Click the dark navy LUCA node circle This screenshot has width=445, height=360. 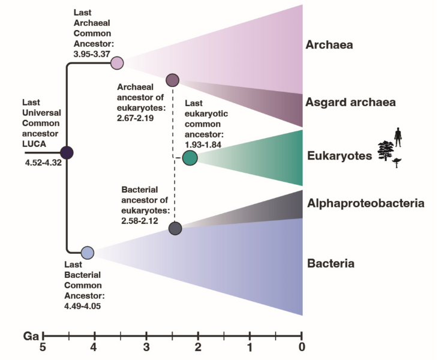[66, 154]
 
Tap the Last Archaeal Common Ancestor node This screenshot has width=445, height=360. [117, 62]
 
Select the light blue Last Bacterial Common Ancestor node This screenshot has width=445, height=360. [88, 253]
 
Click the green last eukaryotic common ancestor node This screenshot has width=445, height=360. [190, 158]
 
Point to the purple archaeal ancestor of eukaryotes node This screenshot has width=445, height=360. [173, 80]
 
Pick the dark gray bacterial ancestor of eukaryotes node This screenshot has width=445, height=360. [175, 229]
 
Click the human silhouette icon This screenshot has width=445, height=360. [396, 137]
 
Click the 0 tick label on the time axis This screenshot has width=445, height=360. [302, 347]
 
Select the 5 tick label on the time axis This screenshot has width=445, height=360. [42, 347]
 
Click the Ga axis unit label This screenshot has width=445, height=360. [30, 334]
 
